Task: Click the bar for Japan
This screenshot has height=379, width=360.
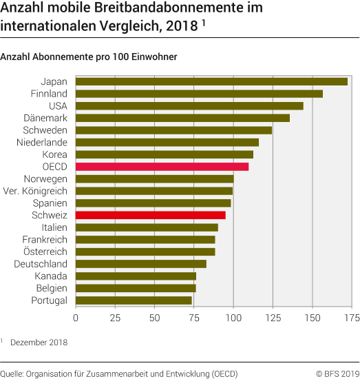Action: point(211,81)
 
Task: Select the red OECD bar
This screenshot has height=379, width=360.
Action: point(162,167)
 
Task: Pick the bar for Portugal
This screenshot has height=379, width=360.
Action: point(134,300)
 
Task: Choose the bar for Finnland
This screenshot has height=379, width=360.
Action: point(199,94)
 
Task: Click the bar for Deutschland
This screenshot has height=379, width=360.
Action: point(140,264)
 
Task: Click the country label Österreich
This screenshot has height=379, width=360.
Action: point(45,252)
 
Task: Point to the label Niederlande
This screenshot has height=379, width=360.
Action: point(42,142)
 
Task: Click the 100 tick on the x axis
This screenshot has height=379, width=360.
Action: point(233,318)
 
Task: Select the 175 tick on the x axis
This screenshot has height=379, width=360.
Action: point(352,318)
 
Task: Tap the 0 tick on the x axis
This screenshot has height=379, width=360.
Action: point(75,318)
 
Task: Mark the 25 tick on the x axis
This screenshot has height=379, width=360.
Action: point(115,318)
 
